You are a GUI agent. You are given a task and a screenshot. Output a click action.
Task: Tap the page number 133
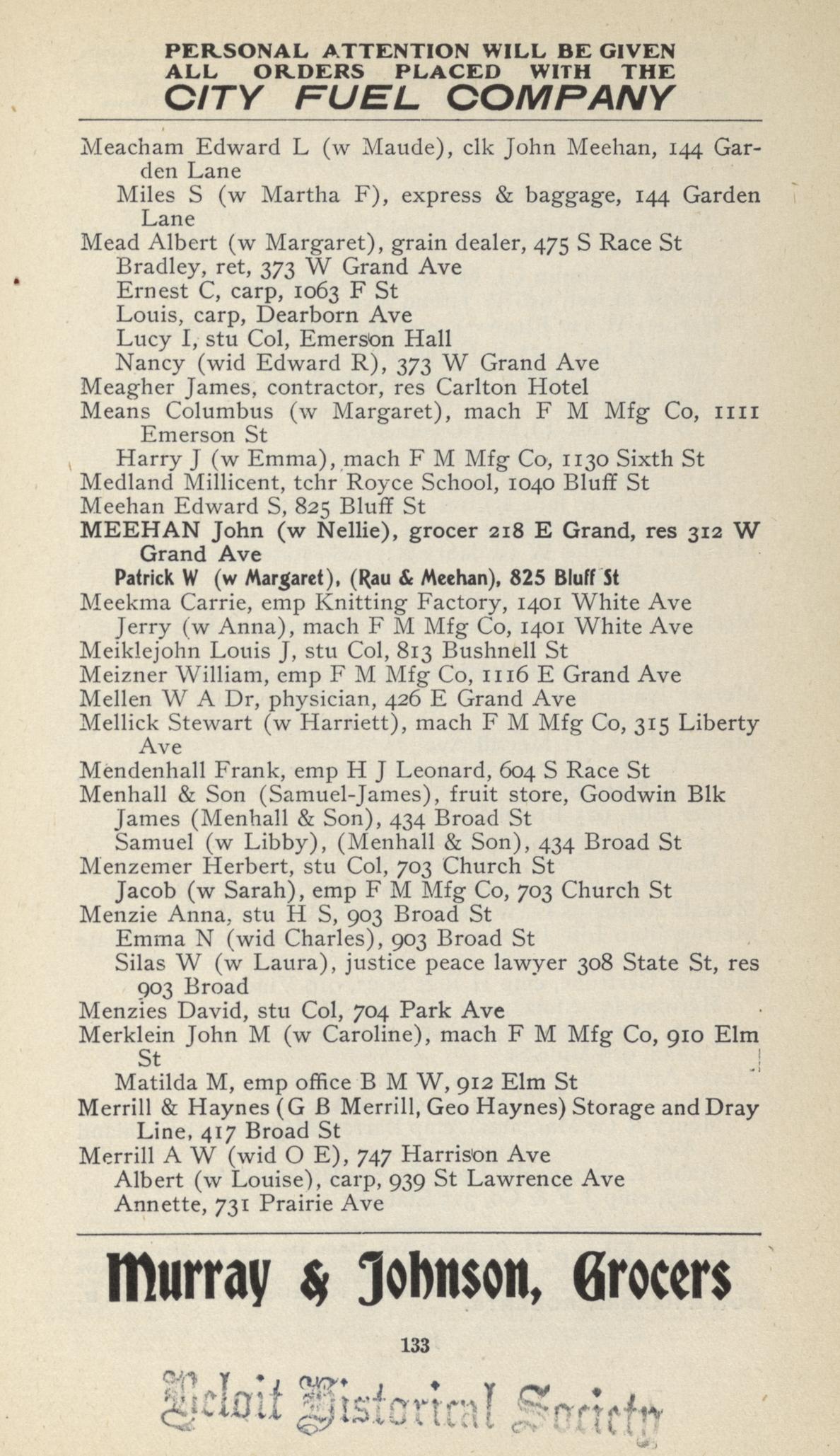415,1345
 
